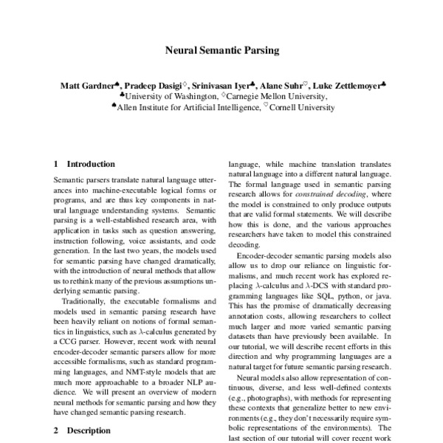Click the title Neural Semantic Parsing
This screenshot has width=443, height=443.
pos(221,52)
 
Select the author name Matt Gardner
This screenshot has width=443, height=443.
pos(84,86)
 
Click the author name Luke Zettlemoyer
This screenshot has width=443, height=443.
pos(344,86)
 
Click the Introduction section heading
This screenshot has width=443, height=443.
pos(90,164)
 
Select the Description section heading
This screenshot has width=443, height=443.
pos(87,428)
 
